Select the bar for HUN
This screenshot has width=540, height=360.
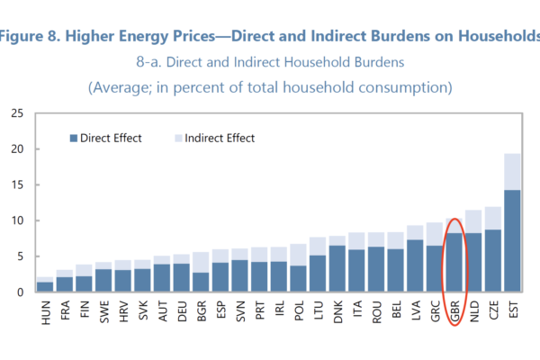tap(45, 285)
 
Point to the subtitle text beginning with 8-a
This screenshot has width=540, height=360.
tap(270, 62)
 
